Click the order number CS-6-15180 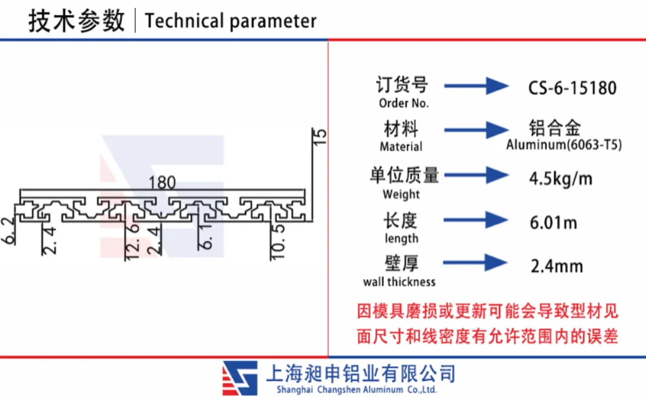point(572,88)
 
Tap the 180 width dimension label point(162,183)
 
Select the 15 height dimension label point(320,137)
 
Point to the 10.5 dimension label point(278,241)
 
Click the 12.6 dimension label point(132,241)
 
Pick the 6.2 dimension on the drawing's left point(8,231)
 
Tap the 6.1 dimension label point(205,237)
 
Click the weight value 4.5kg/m point(560,179)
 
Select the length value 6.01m point(553,223)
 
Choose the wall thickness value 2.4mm point(557,267)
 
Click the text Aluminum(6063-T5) point(563,145)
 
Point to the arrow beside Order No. point(476,86)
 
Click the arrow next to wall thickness point(475,262)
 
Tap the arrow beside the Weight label point(476,175)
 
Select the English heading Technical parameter point(231,21)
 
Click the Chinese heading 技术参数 point(76,21)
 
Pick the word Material point(401,147)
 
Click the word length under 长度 point(401,238)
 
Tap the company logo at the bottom point(240,378)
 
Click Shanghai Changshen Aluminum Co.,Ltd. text point(357,390)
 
